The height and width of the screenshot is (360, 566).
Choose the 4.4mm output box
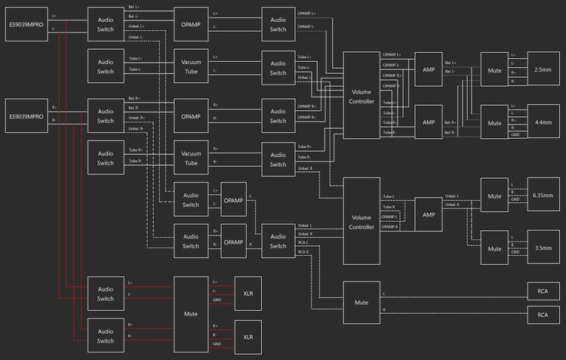541,122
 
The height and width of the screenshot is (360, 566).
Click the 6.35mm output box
541,196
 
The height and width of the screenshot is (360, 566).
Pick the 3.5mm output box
541,248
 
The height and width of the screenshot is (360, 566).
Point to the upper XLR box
248,293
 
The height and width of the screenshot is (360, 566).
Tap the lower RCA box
541,313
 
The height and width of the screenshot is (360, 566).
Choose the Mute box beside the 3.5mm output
494,248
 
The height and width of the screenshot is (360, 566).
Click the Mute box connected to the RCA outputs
361,302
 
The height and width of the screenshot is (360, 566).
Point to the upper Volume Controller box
361,96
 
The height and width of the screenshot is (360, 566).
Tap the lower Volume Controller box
361,221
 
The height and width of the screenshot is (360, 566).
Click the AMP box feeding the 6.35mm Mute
429,214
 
